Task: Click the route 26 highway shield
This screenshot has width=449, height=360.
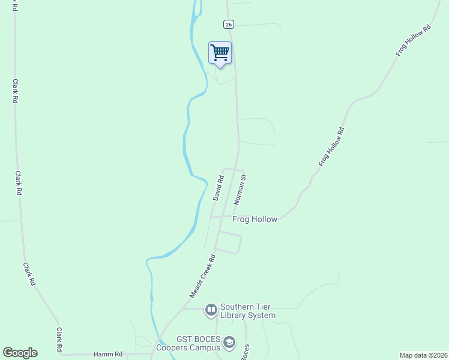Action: [228, 24]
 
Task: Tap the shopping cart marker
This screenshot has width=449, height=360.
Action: [220, 53]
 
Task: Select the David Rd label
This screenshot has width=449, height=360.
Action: [218, 187]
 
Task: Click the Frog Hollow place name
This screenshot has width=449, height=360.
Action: [255, 220]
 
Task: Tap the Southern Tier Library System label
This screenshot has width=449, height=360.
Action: [247, 311]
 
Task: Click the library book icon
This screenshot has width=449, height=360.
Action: [211, 310]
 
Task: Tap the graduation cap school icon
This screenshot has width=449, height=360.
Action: [228, 343]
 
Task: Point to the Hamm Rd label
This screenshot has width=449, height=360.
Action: [108, 355]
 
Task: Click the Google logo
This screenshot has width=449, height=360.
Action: [20, 353]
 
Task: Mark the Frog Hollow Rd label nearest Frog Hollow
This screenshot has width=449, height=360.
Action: [331, 147]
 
